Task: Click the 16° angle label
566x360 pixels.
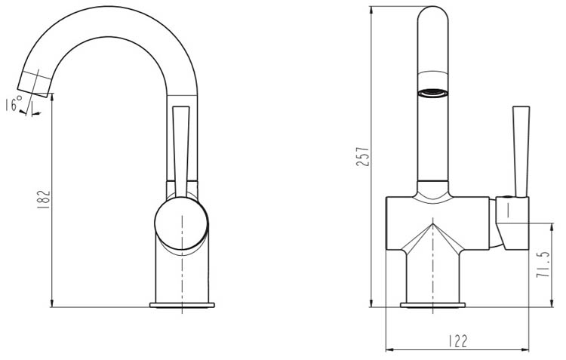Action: coord(14,105)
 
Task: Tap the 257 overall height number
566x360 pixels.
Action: coord(362,157)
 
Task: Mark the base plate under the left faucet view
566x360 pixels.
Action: coord(182,305)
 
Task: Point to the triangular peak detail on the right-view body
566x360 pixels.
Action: coord(432,226)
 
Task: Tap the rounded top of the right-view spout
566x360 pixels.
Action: coord(432,15)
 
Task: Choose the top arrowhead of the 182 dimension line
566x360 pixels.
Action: coord(51,101)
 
